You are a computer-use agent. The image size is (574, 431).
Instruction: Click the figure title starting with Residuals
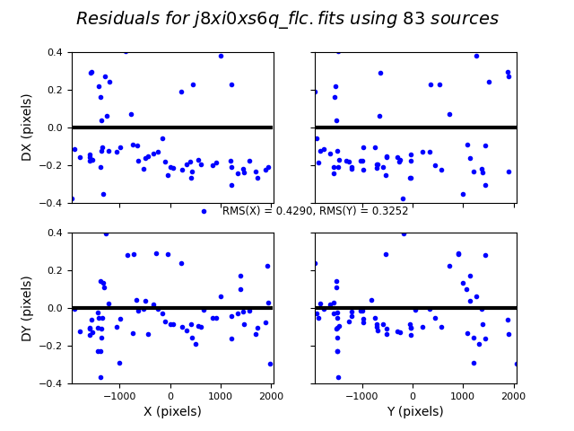click(287, 19)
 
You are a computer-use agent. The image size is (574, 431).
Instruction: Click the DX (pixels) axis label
click(27, 128)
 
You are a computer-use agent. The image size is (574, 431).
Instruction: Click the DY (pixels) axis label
click(27, 308)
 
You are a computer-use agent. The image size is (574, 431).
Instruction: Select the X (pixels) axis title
click(172, 411)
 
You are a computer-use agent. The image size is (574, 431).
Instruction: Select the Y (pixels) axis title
click(413, 411)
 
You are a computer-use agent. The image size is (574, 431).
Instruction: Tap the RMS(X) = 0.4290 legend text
click(315, 211)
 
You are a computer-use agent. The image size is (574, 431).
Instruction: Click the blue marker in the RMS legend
click(204, 211)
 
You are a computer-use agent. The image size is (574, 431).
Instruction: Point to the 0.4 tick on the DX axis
click(54, 52)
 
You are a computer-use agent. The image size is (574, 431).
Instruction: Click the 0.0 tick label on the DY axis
click(54, 308)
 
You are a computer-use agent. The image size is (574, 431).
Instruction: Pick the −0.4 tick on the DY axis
click(51, 383)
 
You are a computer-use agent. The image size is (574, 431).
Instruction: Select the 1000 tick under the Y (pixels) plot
click(463, 394)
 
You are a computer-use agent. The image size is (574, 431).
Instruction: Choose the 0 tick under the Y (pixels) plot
click(413, 394)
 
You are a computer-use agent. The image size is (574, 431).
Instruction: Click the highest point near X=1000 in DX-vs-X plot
click(221, 56)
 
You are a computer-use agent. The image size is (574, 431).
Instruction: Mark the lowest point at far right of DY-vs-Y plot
click(517, 364)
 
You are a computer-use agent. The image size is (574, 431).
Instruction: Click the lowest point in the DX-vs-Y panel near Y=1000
click(463, 194)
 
